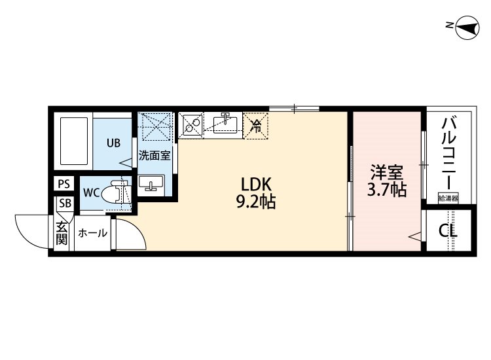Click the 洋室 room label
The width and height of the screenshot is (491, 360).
coord(386,173)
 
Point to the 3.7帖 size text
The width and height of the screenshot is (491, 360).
coord(386,191)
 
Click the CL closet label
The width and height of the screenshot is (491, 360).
coord(448,231)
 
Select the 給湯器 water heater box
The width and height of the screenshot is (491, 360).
coord(448,197)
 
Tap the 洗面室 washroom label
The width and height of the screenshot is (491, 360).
coord(155,156)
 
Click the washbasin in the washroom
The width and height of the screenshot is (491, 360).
coord(151,183)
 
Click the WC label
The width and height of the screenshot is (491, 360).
coord(90,193)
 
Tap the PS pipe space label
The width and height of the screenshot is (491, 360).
coord(64,184)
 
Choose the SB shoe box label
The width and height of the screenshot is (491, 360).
coord(64,202)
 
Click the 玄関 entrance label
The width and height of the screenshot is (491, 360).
coord(62,232)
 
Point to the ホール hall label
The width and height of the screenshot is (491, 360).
coord(92,233)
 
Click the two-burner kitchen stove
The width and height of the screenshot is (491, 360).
coord(192,124)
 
